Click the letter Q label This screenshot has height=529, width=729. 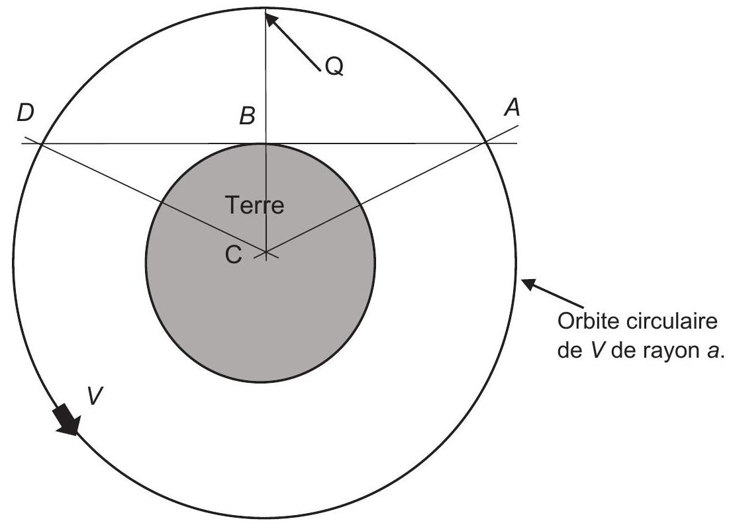(334, 66)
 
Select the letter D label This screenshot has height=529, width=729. (26, 113)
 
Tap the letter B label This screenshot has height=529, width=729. (248, 116)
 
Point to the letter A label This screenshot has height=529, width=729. (512, 108)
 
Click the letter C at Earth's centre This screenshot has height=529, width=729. (233, 255)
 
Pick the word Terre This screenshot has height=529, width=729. (254, 205)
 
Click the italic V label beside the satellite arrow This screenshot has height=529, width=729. (95, 396)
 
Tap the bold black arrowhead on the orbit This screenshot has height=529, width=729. (68, 420)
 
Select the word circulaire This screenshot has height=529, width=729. (671, 321)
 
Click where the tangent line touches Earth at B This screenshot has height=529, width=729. (266, 143)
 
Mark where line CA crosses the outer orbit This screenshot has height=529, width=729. (485, 142)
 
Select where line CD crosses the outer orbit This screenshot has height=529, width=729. (42, 145)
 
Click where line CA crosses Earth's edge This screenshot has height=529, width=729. (361, 205)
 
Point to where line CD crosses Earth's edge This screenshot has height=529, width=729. (161, 202)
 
